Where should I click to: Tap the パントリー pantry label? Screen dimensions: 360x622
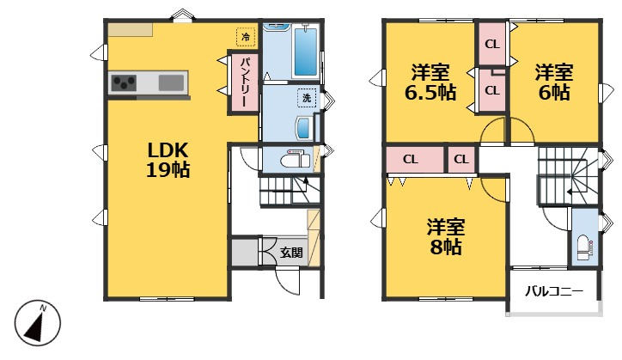[245, 82]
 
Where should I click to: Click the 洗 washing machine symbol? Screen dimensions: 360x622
[307, 98]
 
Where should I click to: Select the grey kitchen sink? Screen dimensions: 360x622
[171, 83]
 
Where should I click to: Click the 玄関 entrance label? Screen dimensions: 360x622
[291, 253]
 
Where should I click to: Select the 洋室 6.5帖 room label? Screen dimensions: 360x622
[430, 82]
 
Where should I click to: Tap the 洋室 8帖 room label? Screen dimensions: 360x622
[446, 237]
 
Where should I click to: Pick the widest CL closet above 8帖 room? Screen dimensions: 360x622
[411, 159]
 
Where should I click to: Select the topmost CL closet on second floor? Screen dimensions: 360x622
[492, 44]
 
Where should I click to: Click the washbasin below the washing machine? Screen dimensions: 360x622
[304, 128]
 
